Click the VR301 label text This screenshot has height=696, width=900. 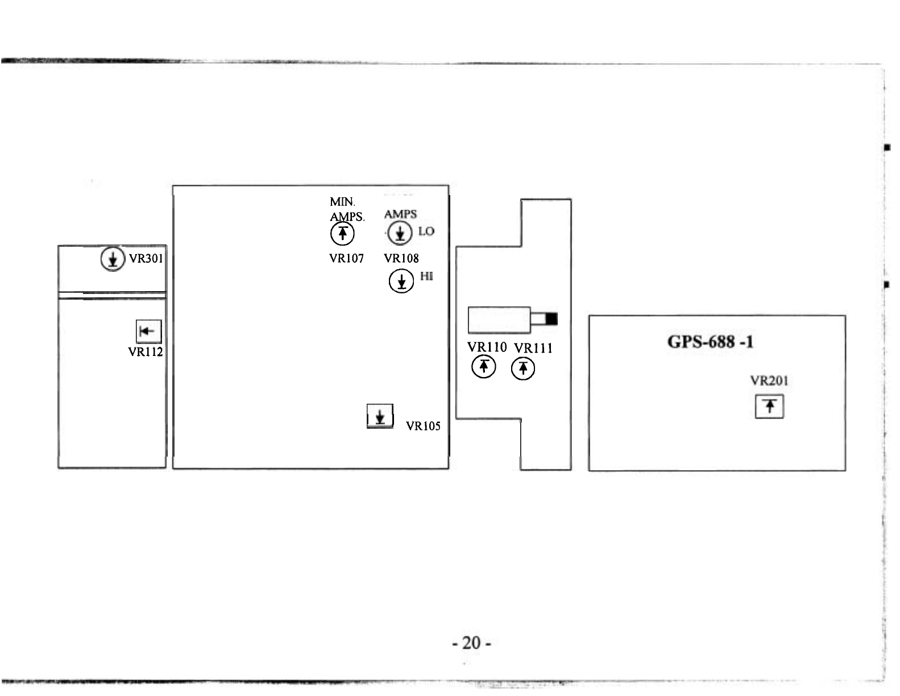tap(146, 259)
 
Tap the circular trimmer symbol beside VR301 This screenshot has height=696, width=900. tap(113, 259)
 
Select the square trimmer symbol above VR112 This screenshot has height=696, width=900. tap(148, 331)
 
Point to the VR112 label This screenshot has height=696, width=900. tap(146, 352)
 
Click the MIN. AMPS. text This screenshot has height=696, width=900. tap(346, 209)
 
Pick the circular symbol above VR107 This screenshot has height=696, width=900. tap(342, 233)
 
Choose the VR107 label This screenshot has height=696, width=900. tap(346, 259)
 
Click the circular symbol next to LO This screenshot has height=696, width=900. tap(400, 233)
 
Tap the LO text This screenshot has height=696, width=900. tap(426, 231)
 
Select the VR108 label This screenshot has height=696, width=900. tap(401, 259)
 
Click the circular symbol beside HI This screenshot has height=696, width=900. tap(401, 281)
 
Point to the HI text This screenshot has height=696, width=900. tap(426, 276)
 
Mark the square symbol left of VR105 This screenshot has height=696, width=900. tap(380, 416)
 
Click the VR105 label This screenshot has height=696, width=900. tap(423, 426)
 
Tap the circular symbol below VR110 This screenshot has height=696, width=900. tap(483, 367)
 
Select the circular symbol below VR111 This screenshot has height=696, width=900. tap(523, 369)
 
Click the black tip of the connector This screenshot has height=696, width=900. tap(551, 319)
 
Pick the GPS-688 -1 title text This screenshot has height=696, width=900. tap(711, 342)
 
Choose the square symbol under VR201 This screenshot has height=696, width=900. tap(769, 407)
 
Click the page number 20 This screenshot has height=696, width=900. tap(471, 643)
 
